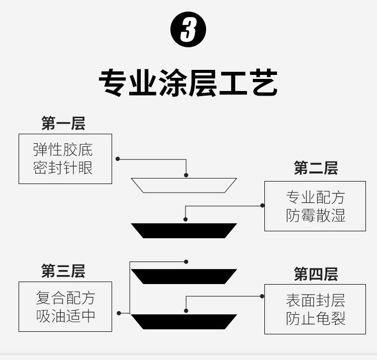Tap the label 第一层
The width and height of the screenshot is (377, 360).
coord(63,123)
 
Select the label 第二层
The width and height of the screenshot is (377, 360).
coord(316,168)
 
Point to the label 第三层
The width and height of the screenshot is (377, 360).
coord(63,272)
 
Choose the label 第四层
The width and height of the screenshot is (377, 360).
coord(316,275)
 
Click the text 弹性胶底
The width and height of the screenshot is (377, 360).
coord(63,150)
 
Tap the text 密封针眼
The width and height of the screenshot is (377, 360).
coord(63,167)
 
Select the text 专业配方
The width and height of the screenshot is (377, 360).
coord(316,197)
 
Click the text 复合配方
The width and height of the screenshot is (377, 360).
coord(65,298)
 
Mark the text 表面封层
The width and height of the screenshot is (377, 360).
coord(316,301)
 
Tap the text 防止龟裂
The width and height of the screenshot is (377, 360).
coord(316,318)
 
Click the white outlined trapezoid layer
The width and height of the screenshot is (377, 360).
coord(184,185)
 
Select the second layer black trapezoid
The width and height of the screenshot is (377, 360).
coord(184,230)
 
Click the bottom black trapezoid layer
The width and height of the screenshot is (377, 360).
coord(184,321)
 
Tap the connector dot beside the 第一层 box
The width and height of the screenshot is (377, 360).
coord(118,158)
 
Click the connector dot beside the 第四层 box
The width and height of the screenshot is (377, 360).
coord(262,296)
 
